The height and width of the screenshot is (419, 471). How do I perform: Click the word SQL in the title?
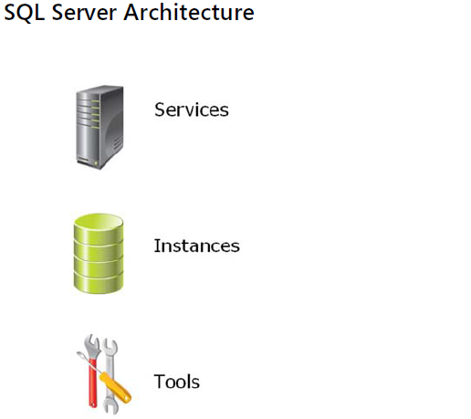24,13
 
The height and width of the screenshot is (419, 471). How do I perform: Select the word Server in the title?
84,13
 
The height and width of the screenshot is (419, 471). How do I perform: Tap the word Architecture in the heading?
189,13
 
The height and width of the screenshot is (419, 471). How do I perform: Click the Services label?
192,110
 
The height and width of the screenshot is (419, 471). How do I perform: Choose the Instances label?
197,246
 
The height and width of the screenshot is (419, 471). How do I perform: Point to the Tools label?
177,382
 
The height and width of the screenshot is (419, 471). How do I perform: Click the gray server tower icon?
99,127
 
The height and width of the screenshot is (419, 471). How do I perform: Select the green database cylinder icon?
99,254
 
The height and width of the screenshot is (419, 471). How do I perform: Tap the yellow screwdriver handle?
116,387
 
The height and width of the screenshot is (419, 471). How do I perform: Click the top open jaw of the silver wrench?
110,345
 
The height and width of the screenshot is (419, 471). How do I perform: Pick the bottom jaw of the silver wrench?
110,407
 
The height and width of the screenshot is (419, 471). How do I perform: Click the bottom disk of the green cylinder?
99,283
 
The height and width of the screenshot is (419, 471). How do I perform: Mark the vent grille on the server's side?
117,143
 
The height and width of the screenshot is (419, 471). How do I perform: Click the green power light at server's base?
96,163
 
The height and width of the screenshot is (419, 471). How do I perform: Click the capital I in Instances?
157,246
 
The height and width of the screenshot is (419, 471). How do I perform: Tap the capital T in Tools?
160,382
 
